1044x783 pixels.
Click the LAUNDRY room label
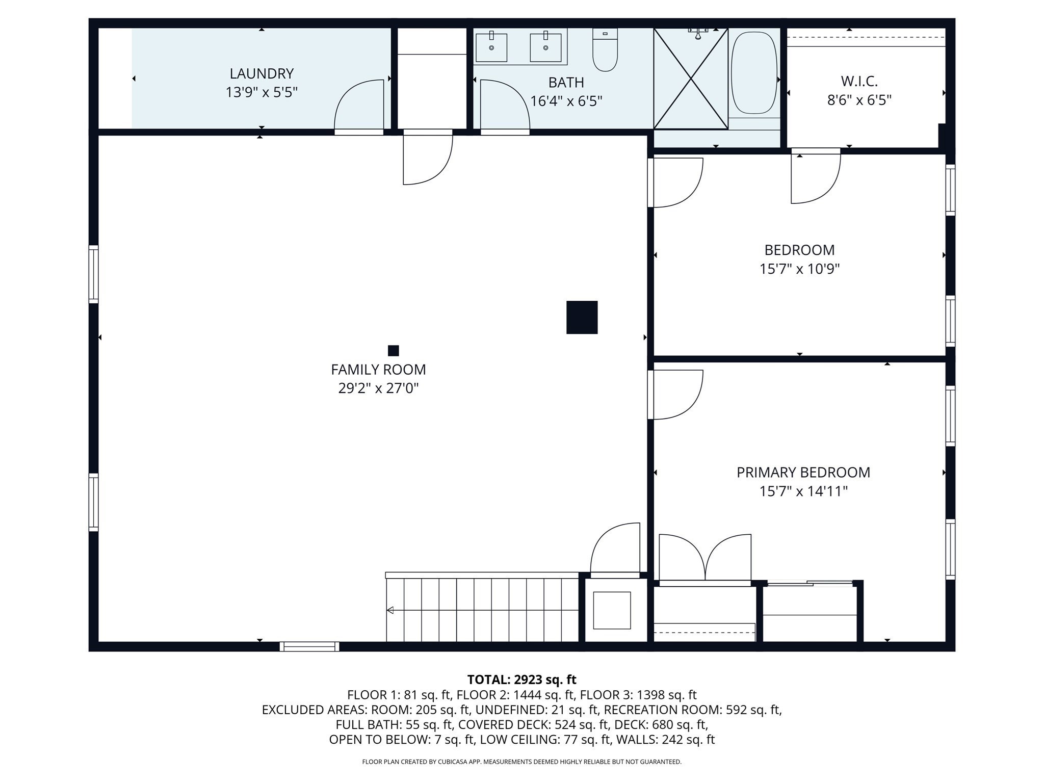pyautogui.click(x=262, y=74)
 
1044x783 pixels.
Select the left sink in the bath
pyautogui.click(x=491, y=47)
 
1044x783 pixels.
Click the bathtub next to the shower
pyautogui.click(x=754, y=73)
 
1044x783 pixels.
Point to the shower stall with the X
pyautogui.click(x=691, y=79)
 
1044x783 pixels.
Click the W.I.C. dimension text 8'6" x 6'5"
pyautogui.click(x=859, y=100)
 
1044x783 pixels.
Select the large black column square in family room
pyautogui.click(x=582, y=317)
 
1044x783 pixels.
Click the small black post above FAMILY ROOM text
pyautogui.click(x=393, y=351)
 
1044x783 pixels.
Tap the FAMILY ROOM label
pyautogui.click(x=378, y=370)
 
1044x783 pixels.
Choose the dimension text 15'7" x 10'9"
pyautogui.click(x=799, y=269)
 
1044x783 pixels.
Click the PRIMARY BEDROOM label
pyautogui.click(x=803, y=473)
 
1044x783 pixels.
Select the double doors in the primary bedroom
pyautogui.click(x=705, y=558)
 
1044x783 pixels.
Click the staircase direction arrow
pyautogui.click(x=390, y=610)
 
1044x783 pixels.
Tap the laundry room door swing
pyautogui.click(x=359, y=106)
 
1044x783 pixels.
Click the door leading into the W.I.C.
pyautogui.click(x=815, y=176)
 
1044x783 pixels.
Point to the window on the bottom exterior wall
pyautogui.click(x=309, y=646)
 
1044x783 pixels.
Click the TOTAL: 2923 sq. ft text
pyautogui.click(x=521, y=680)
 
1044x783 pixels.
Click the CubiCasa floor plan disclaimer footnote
pyautogui.click(x=521, y=762)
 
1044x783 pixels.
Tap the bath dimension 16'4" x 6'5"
pyautogui.click(x=566, y=101)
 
